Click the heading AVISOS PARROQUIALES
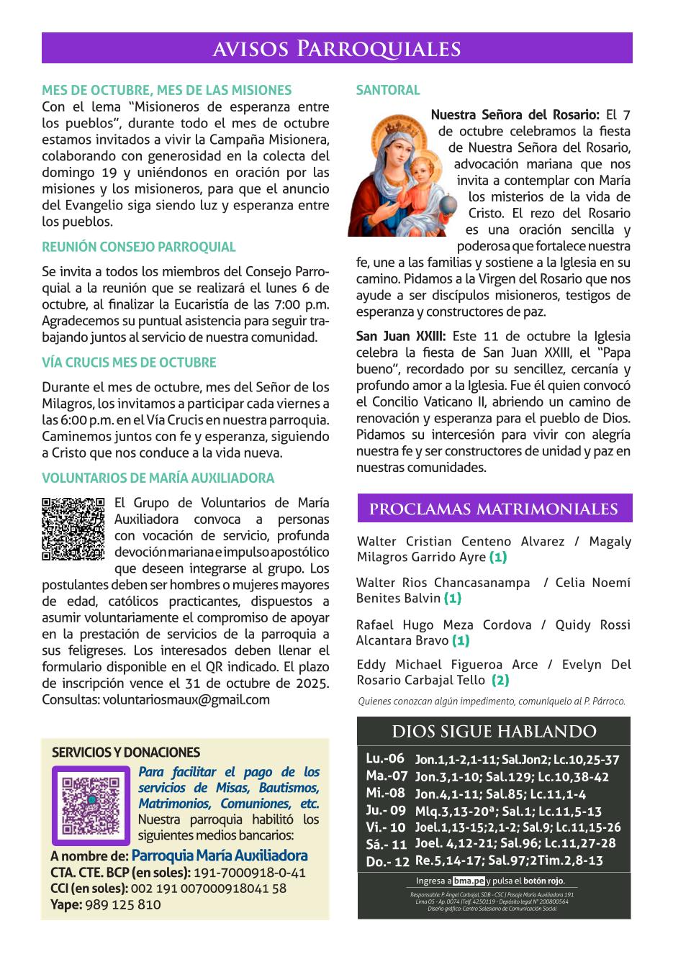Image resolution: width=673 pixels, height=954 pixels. click(x=337, y=48)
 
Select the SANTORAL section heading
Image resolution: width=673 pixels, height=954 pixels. click(x=387, y=91)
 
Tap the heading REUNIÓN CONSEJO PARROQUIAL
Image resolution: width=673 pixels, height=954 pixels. click(x=139, y=247)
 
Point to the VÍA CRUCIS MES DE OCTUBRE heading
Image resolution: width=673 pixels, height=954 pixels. click(x=129, y=363)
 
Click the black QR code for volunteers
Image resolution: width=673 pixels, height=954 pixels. click(x=73, y=529)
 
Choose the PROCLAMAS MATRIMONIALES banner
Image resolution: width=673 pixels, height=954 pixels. click(x=494, y=509)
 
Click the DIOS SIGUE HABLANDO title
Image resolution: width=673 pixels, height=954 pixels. click(x=494, y=732)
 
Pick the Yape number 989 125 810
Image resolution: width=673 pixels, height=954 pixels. click(x=122, y=904)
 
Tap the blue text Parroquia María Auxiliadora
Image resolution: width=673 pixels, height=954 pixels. click(x=220, y=856)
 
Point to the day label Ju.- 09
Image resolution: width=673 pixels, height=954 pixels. click(x=387, y=810)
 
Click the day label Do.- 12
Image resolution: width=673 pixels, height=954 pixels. click(x=387, y=861)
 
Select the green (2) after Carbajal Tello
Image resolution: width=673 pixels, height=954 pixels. click(x=500, y=680)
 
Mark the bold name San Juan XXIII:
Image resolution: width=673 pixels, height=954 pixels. click(x=402, y=336)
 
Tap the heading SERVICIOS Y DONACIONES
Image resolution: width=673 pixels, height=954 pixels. click(x=126, y=753)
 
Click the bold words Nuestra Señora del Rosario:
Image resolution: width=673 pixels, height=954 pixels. click(x=515, y=114)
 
